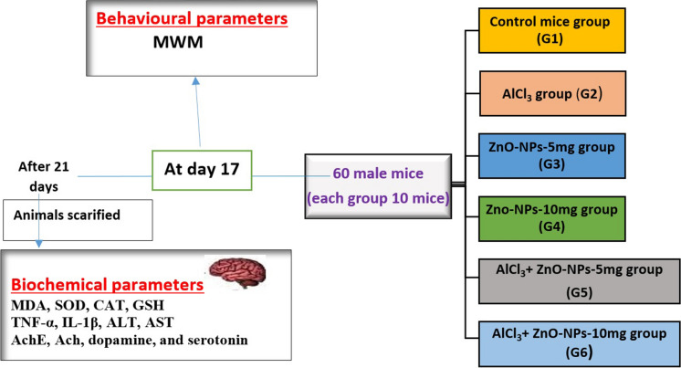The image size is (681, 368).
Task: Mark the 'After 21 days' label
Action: (x=45, y=176)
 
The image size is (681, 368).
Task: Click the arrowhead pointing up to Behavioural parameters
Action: (x=195, y=83)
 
